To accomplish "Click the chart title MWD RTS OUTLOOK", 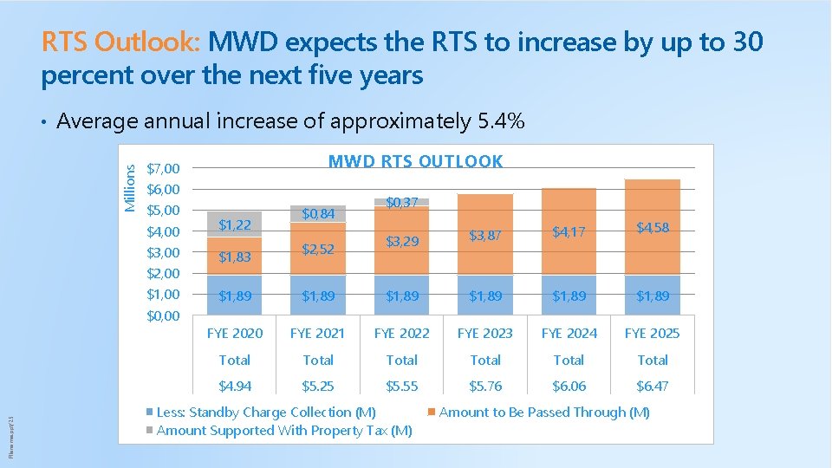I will click(415, 161).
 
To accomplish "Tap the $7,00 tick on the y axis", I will click(163, 168).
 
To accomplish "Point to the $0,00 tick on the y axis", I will click(163, 316).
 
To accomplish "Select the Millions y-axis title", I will click(130, 188).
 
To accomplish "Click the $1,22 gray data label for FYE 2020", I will click(234, 225).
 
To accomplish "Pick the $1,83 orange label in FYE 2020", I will click(234, 257).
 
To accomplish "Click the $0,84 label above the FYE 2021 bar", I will click(318, 214).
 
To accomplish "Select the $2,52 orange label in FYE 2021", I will click(318, 250).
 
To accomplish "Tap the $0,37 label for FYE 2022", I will click(402, 202).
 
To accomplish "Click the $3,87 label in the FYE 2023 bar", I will click(485, 235).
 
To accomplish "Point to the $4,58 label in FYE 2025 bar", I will click(653, 228).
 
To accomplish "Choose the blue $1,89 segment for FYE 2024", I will click(569, 296).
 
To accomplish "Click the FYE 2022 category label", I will click(401, 333).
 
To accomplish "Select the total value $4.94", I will click(234, 386).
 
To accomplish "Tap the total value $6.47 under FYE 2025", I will click(653, 386).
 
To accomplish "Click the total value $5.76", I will click(485, 386).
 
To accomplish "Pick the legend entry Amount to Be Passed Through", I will click(544, 413).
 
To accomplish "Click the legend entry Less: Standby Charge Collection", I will click(266, 413).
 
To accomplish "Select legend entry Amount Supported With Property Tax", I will click(283, 431).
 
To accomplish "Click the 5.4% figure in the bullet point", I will click(501, 121).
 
